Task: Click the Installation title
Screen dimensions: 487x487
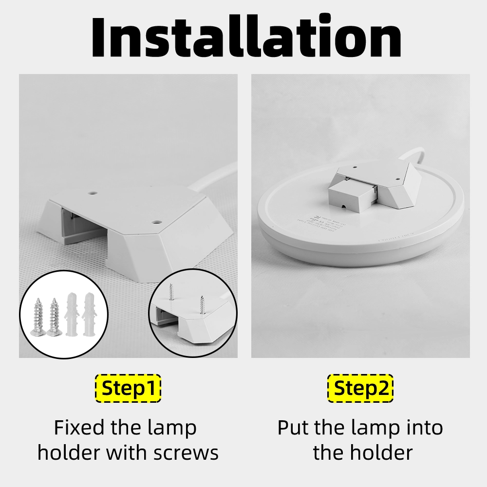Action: click(x=246, y=37)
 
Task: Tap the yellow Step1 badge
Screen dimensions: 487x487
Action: click(x=127, y=388)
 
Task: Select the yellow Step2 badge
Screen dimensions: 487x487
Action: click(x=360, y=388)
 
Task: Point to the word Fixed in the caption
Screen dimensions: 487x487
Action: click(x=79, y=428)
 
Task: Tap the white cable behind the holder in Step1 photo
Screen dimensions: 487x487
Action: click(x=214, y=177)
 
